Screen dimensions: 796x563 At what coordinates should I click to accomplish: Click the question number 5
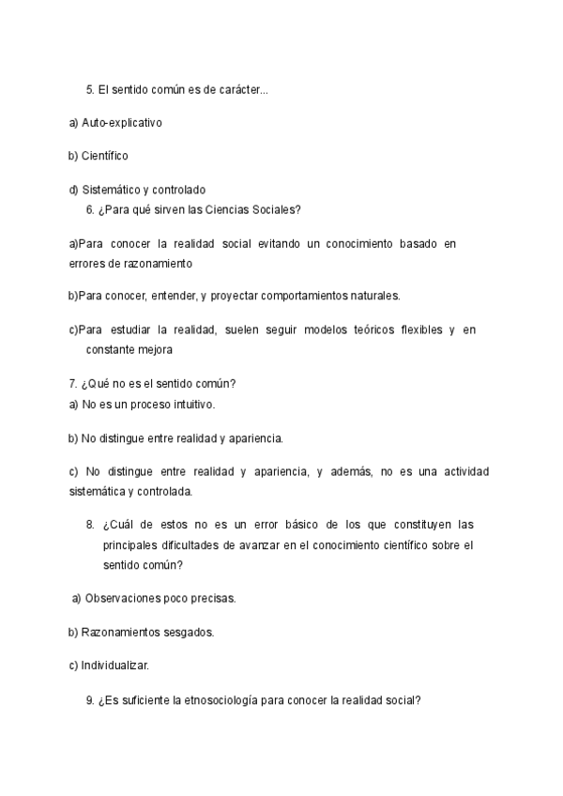tap(90, 90)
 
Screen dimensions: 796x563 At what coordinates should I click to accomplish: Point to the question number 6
tap(90, 209)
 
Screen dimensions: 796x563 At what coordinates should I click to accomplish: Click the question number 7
tap(73, 383)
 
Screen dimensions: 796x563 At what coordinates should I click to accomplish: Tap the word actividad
tap(465, 471)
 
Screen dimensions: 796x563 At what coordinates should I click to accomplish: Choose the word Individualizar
tap(115, 666)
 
